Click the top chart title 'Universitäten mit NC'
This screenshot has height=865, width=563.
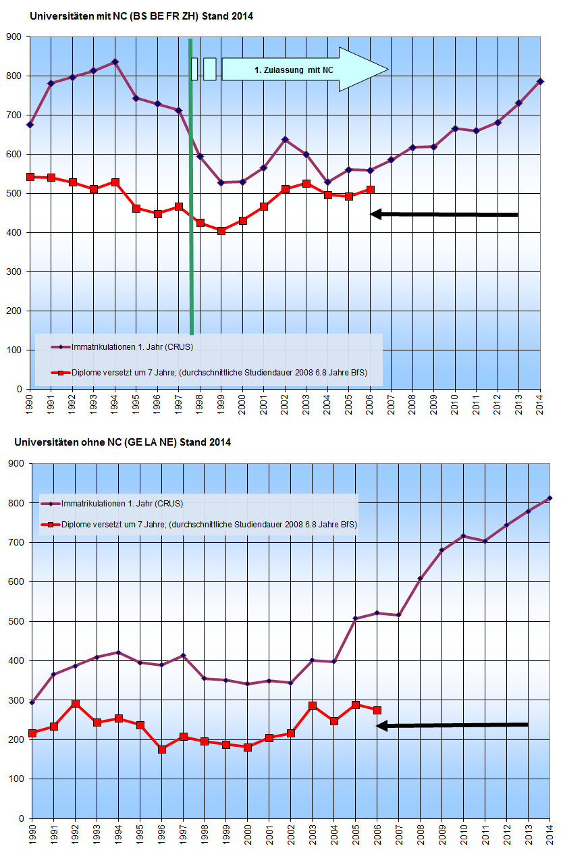point(142,16)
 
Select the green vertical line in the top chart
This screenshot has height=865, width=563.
point(191,203)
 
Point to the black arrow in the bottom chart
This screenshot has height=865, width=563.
point(452,725)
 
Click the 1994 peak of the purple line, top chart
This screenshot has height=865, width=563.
point(115,62)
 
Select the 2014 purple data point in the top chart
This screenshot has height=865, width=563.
point(540,82)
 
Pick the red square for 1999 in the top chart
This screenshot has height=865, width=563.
point(221,231)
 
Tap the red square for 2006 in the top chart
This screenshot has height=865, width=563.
point(370,190)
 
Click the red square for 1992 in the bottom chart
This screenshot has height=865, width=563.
point(76,704)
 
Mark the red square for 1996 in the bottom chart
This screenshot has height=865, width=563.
point(161,749)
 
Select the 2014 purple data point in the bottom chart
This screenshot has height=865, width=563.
point(550,498)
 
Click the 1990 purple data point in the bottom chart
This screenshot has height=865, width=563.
point(32,702)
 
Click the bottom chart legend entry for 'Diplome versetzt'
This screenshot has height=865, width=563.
point(209,524)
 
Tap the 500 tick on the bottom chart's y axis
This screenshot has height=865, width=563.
point(16,621)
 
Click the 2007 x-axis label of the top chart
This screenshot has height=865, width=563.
point(392,407)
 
